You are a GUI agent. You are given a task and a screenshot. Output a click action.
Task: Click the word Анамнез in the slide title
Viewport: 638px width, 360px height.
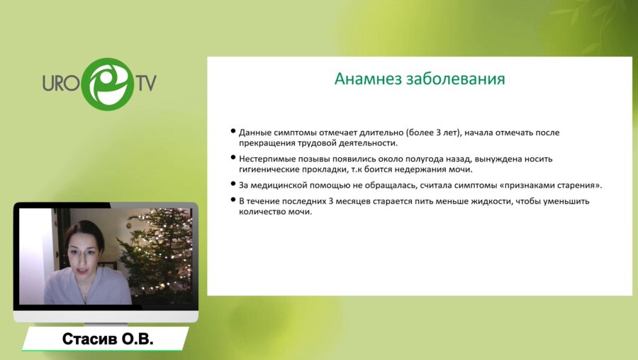point(368,79)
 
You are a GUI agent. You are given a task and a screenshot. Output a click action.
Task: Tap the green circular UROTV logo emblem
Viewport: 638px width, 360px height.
point(108,84)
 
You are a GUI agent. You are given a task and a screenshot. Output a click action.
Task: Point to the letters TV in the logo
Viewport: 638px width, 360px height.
point(145,83)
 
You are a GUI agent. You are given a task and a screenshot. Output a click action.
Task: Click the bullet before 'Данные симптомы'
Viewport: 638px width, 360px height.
point(233,131)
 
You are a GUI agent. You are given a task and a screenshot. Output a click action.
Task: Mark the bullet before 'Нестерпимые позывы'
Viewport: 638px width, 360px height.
point(233,157)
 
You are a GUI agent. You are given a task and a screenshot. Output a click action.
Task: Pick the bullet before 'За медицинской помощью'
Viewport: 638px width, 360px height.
point(233,184)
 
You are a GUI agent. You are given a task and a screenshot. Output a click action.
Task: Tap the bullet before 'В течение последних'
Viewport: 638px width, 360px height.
point(233,200)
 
